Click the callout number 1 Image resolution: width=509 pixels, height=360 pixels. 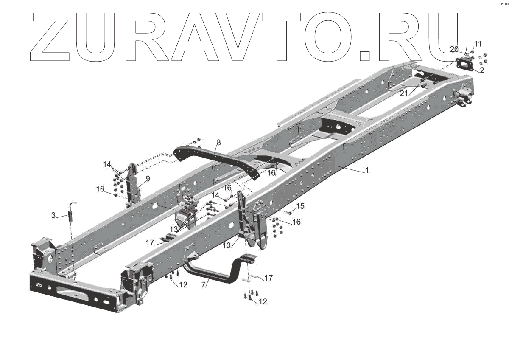(x=367, y=170)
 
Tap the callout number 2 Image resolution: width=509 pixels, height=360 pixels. (x=482, y=70)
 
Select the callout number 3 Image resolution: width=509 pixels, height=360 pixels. (x=53, y=215)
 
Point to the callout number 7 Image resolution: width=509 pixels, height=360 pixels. (x=203, y=285)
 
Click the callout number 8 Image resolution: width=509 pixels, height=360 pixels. (x=218, y=143)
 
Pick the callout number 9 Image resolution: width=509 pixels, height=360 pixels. (x=148, y=179)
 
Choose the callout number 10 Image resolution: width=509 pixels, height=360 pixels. (x=227, y=245)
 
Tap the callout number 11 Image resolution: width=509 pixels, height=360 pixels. (x=478, y=44)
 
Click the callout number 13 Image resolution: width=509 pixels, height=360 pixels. (x=174, y=229)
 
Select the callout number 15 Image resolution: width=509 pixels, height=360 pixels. (x=300, y=206)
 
